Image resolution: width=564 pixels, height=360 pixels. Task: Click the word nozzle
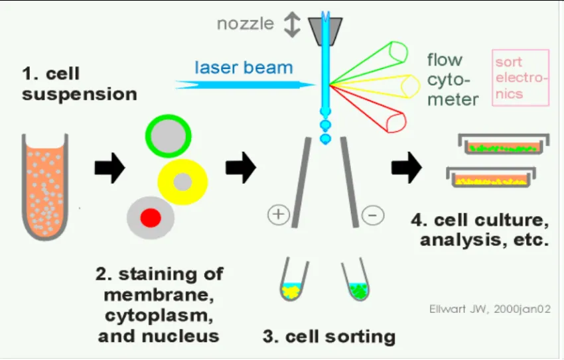246,24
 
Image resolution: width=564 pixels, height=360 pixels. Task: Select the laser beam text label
244,68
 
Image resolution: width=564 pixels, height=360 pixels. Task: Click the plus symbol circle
279,215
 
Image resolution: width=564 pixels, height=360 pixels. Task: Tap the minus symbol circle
373,215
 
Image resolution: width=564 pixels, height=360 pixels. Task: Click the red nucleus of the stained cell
151,217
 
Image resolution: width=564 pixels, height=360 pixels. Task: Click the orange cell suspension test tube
45,187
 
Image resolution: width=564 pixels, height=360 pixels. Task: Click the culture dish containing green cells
504,145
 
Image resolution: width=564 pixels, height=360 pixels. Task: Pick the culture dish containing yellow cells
491,177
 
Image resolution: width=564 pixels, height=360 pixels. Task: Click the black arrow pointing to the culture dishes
407,168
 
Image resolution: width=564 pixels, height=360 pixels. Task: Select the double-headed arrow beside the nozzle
292,25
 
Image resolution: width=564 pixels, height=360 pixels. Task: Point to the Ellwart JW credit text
490,309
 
